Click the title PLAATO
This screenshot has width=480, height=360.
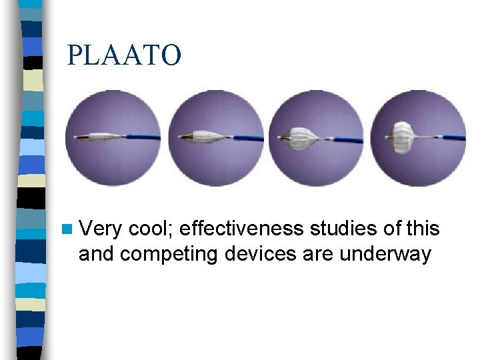point(124,56)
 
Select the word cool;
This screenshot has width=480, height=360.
point(150,229)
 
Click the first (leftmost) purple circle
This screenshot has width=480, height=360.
point(113,138)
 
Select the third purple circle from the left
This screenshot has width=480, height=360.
point(317,138)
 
